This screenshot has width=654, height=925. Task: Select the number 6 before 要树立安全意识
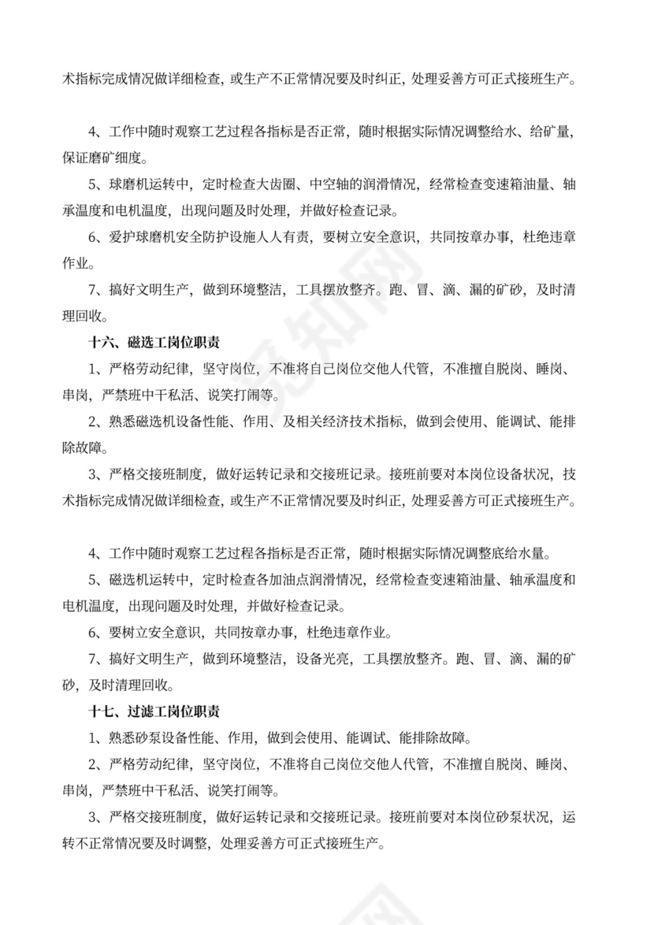pos(92,632)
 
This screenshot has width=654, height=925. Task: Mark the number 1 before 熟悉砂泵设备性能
pos(92,738)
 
